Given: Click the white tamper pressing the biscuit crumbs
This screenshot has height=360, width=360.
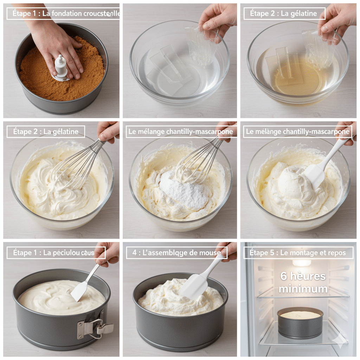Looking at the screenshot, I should (x=61, y=67).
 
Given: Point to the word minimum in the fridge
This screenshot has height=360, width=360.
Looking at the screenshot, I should (x=303, y=289).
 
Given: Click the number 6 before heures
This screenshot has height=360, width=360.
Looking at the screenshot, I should (x=284, y=276).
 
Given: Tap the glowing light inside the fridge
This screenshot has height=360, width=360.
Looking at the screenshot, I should (x=302, y=263).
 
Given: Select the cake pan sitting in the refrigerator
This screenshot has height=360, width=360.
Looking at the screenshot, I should (x=300, y=322).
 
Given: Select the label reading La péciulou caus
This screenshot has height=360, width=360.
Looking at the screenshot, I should (x=56, y=252).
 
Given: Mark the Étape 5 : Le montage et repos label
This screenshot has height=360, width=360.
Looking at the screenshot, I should (x=298, y=252).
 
